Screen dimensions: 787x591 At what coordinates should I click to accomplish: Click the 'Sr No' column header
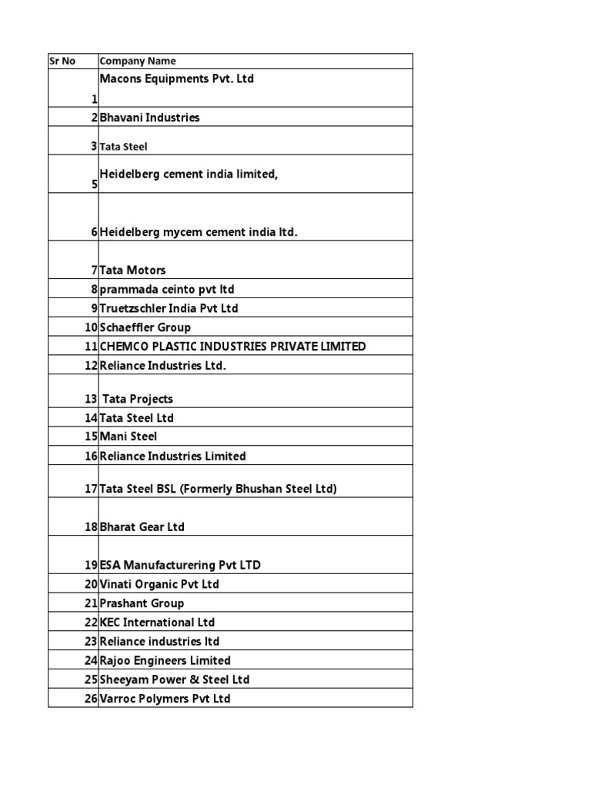pyautogui.click(x=63, y=61)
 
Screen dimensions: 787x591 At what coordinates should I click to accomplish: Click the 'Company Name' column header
pyautogui.click(x=138, y=61)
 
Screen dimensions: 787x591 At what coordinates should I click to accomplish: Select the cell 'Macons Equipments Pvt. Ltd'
pyautogui.click(x=177, y=79)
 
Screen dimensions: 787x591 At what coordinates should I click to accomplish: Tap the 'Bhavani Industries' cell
pyautogui.click(x=149, y=118)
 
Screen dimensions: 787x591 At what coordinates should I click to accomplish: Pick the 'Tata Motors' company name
pyautogui.click(x=132, y=270)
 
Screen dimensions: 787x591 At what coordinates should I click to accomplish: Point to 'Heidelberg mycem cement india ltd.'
pyautogui.click(x=199, y=232)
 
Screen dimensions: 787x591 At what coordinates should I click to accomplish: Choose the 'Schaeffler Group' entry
pyautogui.click(x=145, y=327)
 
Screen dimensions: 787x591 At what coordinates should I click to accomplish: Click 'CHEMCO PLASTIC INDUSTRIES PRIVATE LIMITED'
pyautogui.click(x=232, y=347)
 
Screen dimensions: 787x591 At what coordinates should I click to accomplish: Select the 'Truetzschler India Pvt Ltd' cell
pyautogui.click(x=169, y=308)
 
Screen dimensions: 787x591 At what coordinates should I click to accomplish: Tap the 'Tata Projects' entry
pyautogui.click(x=138, y=399)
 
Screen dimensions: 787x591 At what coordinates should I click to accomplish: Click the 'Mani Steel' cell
pyautogui.click(x=128, y=437)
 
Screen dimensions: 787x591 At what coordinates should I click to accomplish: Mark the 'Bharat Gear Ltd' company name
pyautogui.click(x=142, y=527)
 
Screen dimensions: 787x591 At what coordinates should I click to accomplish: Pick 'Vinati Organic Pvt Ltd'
pyautogui.click(x=159, y=584)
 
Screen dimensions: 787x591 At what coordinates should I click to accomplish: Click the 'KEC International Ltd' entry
pyautogui.click(x=157, y=623)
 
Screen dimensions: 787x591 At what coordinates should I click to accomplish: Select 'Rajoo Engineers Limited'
pyautogui.click(x=165, y=660)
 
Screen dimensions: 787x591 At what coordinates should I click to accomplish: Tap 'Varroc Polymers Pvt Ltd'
pyautogui.click(x=165, y=699)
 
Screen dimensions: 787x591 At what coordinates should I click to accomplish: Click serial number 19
pyautogui.click(x=91, y=565)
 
